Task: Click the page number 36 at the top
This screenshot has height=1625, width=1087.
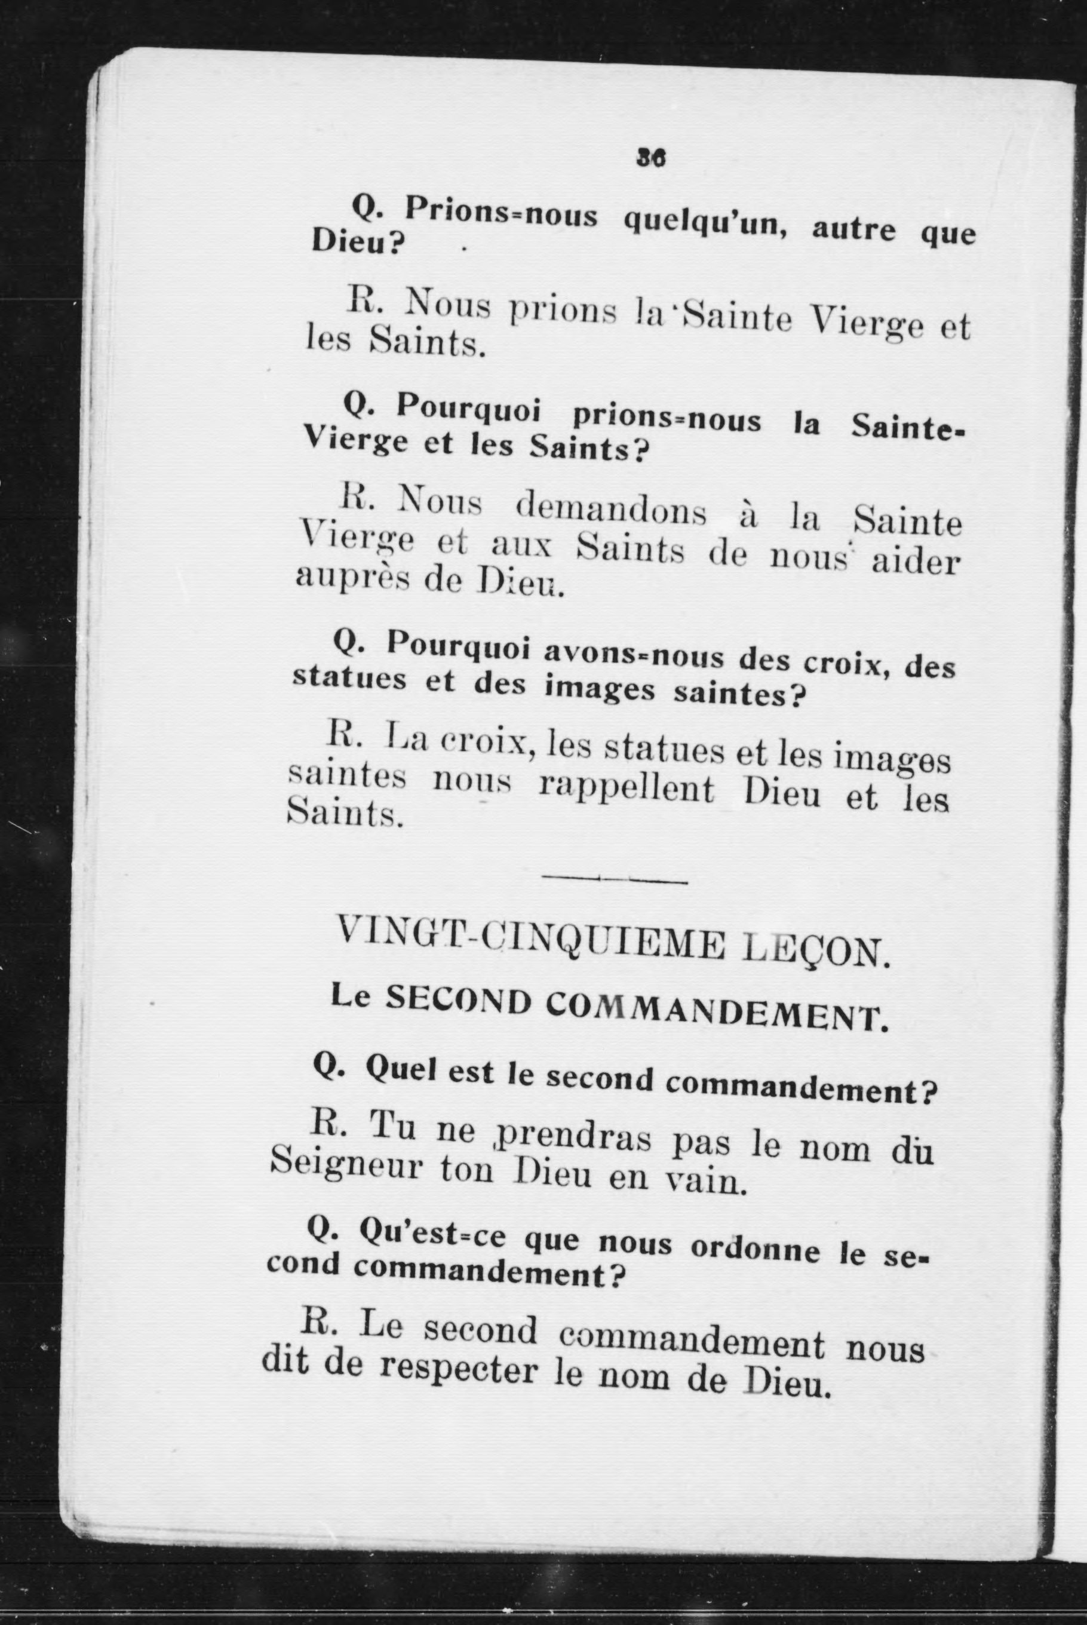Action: coord(650,159)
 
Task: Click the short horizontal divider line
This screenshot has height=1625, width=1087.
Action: coord(614,881)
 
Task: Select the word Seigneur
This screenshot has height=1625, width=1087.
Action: coord(345,1167)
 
